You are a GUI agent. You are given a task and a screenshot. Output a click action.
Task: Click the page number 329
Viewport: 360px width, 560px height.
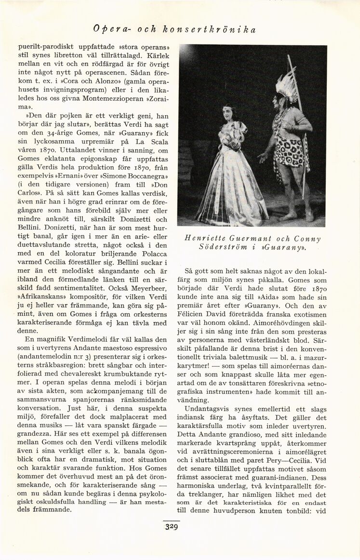pyautogui.click(x=171, y=527)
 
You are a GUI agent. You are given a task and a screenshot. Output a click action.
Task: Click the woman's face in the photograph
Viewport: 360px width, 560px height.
pyautogui.click(x=228, y=114)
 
